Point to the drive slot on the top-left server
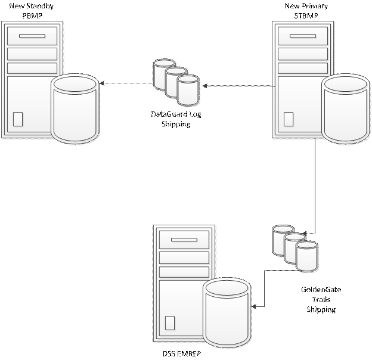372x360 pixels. pyautogui.click(x=32, y=36)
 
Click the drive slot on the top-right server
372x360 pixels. pyautogui.click(x=303, y=36)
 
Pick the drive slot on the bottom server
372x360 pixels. pyautogui.click(x=184, y=240)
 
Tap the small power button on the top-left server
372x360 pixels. pyautogui.click(x=18, y=119)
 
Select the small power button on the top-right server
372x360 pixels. pyautogui.click(x=289, y=119)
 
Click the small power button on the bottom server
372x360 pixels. pyautogui.click(x=170, y=322)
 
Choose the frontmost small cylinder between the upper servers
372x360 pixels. pyautogui.click(x=188, y=91)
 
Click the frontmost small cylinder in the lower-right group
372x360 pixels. pyautogui.click(x=307, y=257)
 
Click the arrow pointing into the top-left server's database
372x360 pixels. pyautogui.click(x=103, y=83)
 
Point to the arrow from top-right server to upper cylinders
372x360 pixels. pyautogui.click(x=206, y=86)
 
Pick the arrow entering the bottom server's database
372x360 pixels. pyautogui.click(x=255, y=306)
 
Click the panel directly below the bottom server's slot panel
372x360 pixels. pyautogui.click(x=184, y=257)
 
